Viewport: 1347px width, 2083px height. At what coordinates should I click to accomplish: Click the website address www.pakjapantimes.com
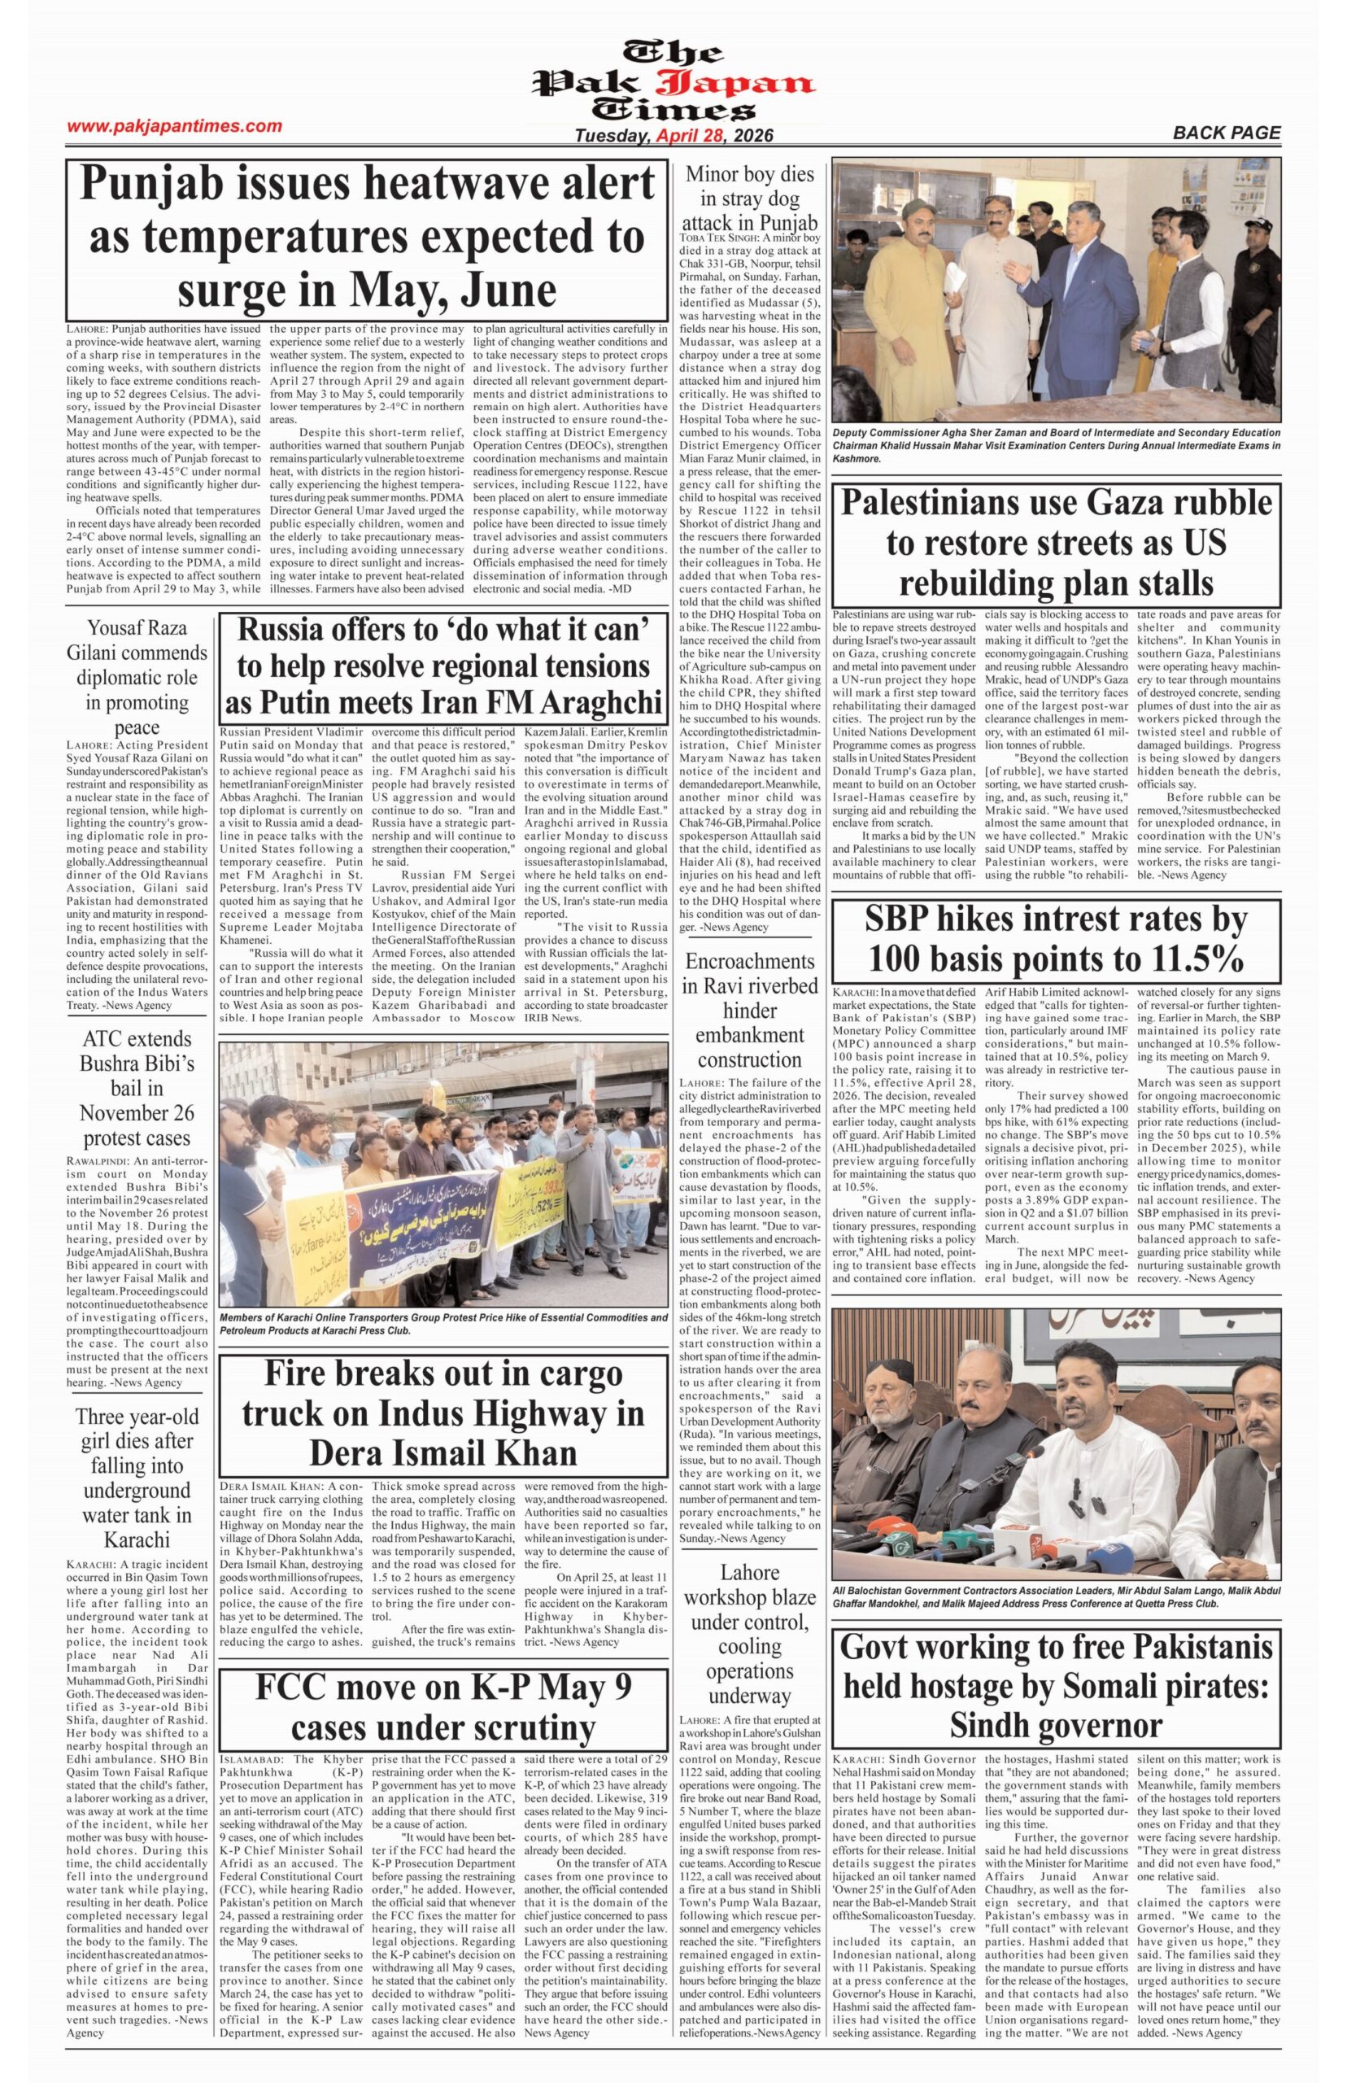174,126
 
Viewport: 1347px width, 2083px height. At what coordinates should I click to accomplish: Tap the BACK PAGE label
1226,133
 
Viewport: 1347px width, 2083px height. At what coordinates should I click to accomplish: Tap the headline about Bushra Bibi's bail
137,1089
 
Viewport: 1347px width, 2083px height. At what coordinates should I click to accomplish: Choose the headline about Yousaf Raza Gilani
137,677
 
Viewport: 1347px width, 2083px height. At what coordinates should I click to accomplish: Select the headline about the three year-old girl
137,1478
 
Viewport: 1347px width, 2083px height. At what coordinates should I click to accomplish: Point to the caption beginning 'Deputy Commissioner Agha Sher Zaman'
1056,445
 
